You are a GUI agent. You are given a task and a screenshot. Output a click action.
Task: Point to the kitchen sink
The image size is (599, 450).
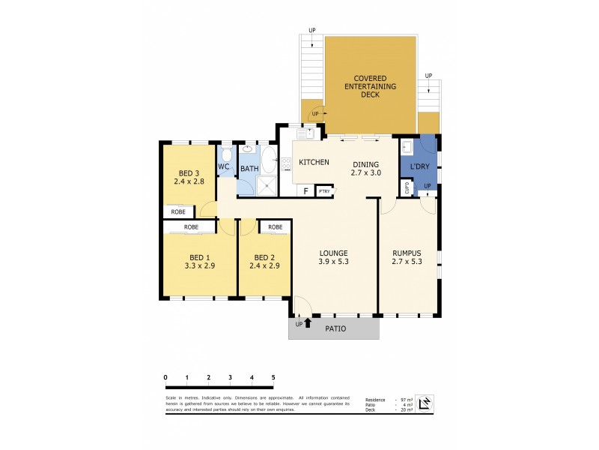(x=305, y=133)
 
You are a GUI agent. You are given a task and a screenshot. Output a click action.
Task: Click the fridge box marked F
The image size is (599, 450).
(x=305, y=191)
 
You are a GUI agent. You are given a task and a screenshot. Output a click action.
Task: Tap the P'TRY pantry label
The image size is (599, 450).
(x=325, y=191)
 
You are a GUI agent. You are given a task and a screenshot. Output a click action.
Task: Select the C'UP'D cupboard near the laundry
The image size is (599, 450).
(x=407, y=188)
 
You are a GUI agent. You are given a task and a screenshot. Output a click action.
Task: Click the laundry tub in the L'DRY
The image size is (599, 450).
(x=407, y=146)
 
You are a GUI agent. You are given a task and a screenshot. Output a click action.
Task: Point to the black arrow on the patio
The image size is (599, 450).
(x=307, y=323)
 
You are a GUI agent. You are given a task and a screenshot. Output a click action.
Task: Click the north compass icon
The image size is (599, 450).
(x=425, y=403)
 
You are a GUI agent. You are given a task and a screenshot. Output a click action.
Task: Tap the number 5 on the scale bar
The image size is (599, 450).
(x=273, y=377)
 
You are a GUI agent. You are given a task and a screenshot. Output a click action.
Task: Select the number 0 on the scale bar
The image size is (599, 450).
(x=165, y=377)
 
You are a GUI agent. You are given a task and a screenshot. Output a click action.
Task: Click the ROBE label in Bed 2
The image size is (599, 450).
(x=275, y=226)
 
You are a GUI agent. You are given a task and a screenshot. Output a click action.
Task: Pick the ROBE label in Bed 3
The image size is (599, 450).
(x=178, y=212)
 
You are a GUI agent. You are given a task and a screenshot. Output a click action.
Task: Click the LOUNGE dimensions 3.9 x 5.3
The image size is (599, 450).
(x=334, y=262)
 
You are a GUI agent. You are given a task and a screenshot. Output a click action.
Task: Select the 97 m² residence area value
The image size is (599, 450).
(x=404, y=400)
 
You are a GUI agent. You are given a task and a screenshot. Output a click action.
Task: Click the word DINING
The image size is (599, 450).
(x=366, y=164)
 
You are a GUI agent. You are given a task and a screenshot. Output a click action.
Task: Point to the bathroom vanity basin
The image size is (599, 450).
(x=248, y=148)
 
